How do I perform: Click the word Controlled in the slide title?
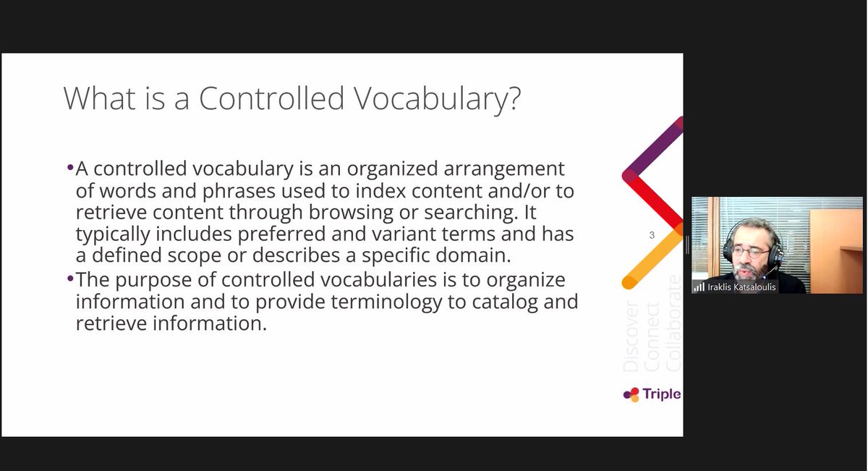coord(271,98)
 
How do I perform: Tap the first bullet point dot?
coord(70,167)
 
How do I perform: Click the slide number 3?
coord(652,235)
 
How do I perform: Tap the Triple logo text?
coord(660,394)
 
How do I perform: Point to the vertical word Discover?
coord(631,337)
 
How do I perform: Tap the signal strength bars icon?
coord(699,287)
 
